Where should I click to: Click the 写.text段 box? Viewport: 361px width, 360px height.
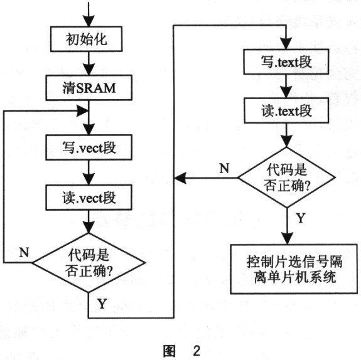click(x=286, y=63)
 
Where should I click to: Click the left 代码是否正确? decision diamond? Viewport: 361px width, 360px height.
click(x=89, y=262)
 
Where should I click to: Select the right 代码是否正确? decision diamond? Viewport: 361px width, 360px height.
click(x=286, y=178)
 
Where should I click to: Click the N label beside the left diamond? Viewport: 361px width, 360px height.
click(x=24, y=253)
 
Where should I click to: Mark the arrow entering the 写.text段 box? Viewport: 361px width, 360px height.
click(x=286, y=38)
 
